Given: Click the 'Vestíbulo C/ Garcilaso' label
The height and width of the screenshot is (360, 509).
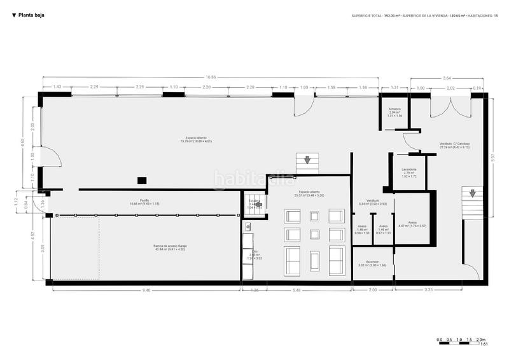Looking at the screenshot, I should [x=454, y=145].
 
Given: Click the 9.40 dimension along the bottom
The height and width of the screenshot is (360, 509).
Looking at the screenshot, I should [x=146, y=291].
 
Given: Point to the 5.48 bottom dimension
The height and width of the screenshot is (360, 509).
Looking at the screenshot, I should [x=296, y=291].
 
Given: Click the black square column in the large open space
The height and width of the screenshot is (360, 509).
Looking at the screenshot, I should [x=142, y=180].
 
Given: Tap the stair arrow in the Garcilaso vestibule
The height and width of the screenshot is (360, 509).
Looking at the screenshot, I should [x=472, y=193].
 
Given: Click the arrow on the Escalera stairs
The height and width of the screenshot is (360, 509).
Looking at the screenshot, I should [x=258, y=205].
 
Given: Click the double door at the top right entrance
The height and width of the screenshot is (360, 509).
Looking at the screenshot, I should [x=450, y=105].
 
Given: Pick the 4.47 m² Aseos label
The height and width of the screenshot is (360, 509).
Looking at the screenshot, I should [x=408, y=224].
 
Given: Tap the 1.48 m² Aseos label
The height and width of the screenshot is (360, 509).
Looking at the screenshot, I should [x=362, y=228].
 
